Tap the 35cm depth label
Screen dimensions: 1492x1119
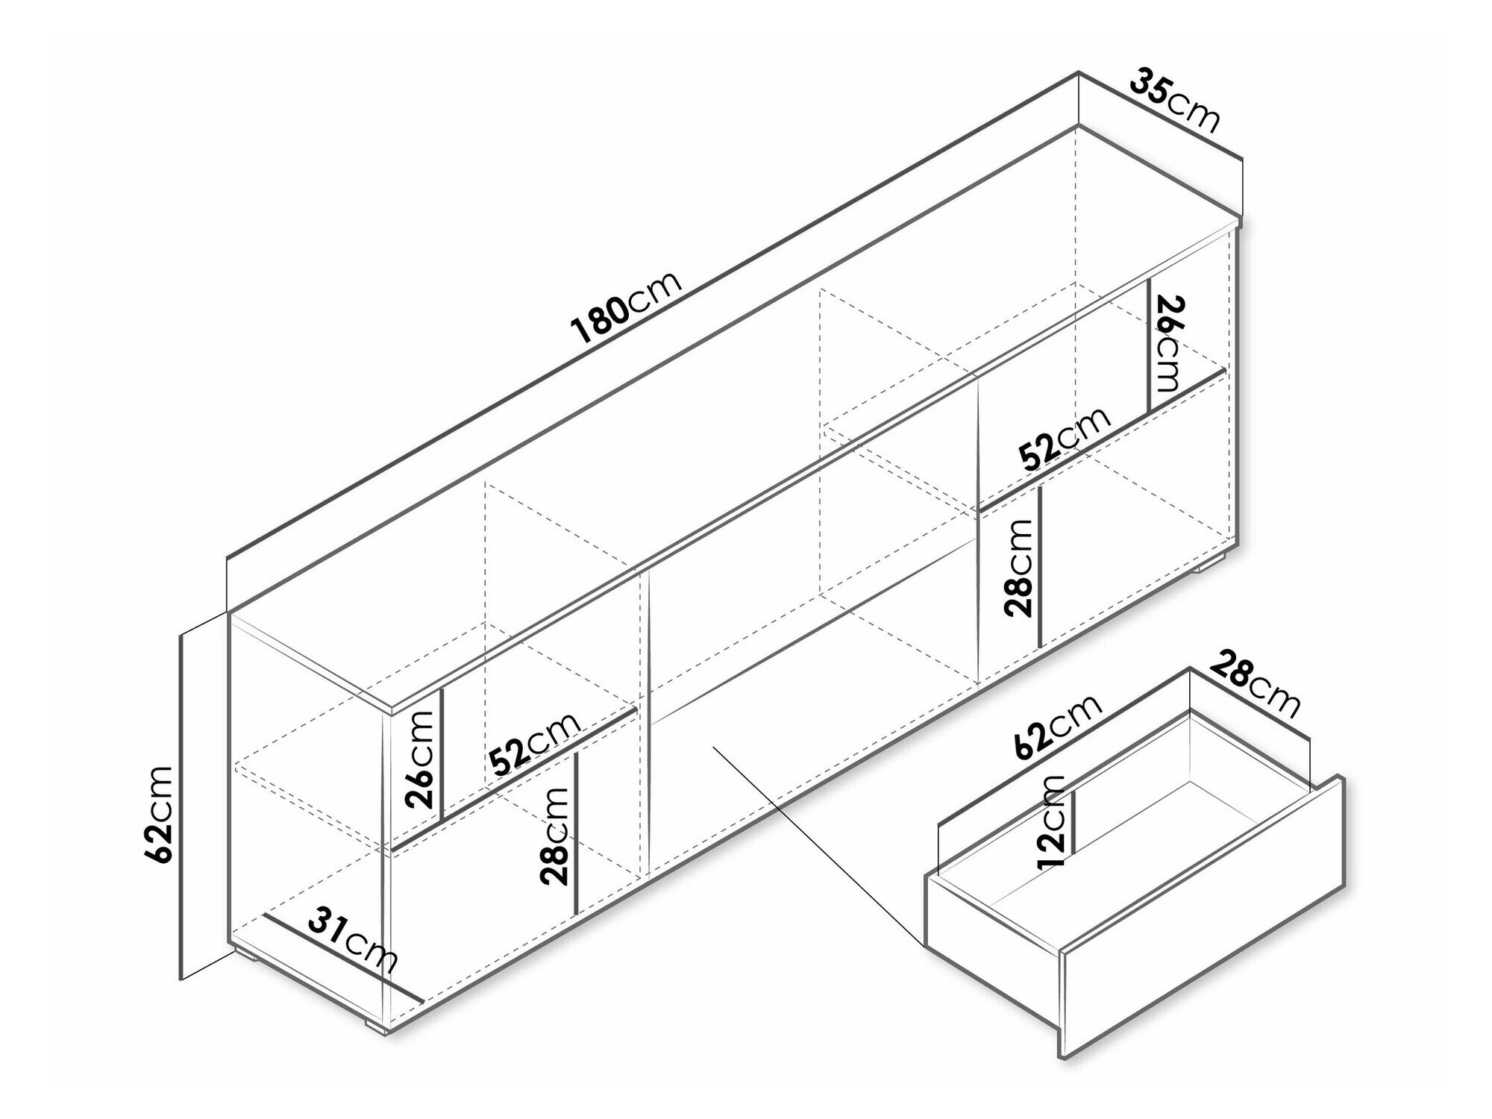point(1175,101)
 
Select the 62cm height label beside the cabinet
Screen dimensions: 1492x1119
point(162,814)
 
